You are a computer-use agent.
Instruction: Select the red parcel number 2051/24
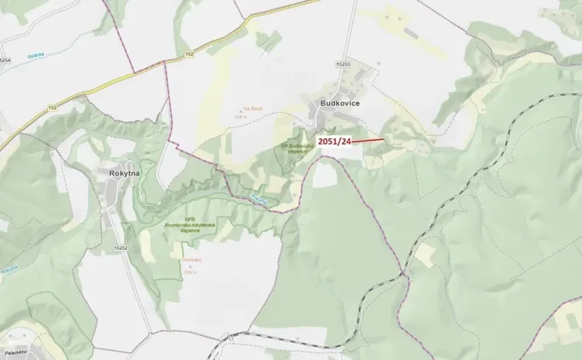(335, 142)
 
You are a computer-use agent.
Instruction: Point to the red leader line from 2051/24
(368, 141)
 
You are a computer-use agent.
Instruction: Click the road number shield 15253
(343, 63)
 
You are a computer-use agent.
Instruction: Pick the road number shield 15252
(119, 248)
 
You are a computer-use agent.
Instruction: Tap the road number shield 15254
(6, 59)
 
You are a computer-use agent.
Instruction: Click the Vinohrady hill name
(190, 260)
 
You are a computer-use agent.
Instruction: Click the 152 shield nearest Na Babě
(189, 55)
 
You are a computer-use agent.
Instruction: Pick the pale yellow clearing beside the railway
(424, 253)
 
